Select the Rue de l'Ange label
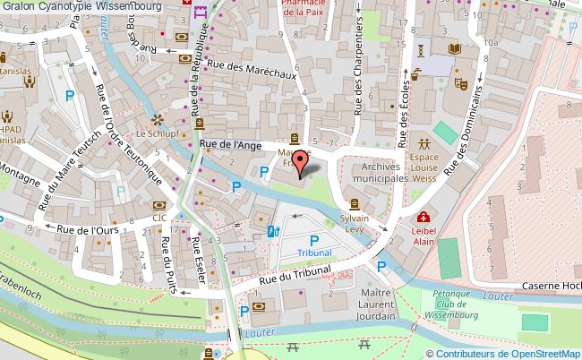click(x=230, y=144)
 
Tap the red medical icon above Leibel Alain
click(x=422, y=217)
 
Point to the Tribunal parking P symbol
click(x=314, y=240)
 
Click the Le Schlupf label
click(x=153, y=133)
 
